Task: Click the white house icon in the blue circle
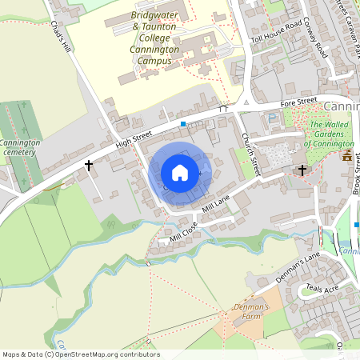click(x=180, y=172)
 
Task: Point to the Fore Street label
click(x=298, y=105)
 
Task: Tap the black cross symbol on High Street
click(x=88, y=165)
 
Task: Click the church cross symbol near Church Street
click(x=302, y=170)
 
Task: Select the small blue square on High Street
click(x=183, y=124)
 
